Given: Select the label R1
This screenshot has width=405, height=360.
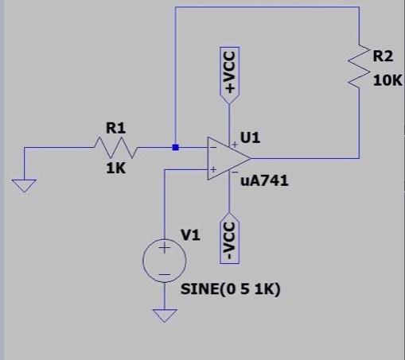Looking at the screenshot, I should (x=115, y=127).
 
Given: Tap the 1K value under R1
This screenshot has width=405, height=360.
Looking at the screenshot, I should (x=116, y=168).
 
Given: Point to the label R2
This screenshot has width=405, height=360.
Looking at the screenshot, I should (x=384, y=56).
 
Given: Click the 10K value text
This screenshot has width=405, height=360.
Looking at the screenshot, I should (x=387, y=81).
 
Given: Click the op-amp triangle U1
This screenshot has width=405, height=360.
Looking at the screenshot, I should (x=224, y=158).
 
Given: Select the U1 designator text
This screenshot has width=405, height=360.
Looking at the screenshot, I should (x=251, y=137).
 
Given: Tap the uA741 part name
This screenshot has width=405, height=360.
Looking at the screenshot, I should (x=264, y=180).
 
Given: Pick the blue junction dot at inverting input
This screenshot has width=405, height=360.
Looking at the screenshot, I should (x=175, y=147).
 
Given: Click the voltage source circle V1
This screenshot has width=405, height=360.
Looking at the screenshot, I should (x=165, y=261).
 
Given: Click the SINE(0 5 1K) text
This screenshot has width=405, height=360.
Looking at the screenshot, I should (x=231, y=288).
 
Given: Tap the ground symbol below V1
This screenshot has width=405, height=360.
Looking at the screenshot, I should (x=165, y=315).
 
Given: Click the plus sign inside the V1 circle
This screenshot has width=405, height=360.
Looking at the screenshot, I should (x=165, y=249).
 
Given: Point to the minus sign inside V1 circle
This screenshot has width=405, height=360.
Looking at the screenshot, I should (x=165, y=273).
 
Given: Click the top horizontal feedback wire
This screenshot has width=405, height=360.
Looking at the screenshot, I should (x=267, y=7).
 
